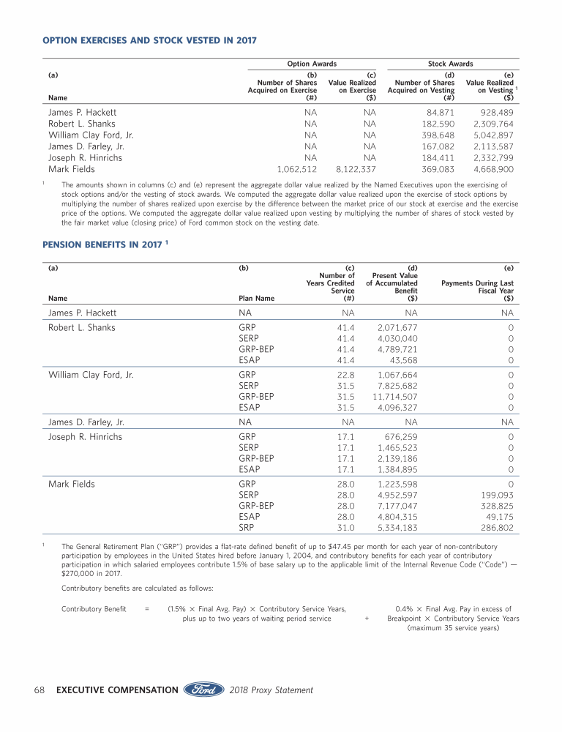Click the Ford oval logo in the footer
[x=204, y=690]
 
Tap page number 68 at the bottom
[x=41, y=690]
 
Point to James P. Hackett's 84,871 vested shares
[x=439, y=113]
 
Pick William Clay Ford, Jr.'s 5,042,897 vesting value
[x=493, y=135]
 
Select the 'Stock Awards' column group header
[x=450, y=64]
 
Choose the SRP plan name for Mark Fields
[x=247, y=527]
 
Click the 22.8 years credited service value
[x=345, y=373]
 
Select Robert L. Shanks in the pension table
[x=82, y=327]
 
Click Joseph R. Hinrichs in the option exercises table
[x=85, y=158]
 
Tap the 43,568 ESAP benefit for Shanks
[x=404, y=360]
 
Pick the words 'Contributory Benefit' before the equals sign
[x=94, y=608]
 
